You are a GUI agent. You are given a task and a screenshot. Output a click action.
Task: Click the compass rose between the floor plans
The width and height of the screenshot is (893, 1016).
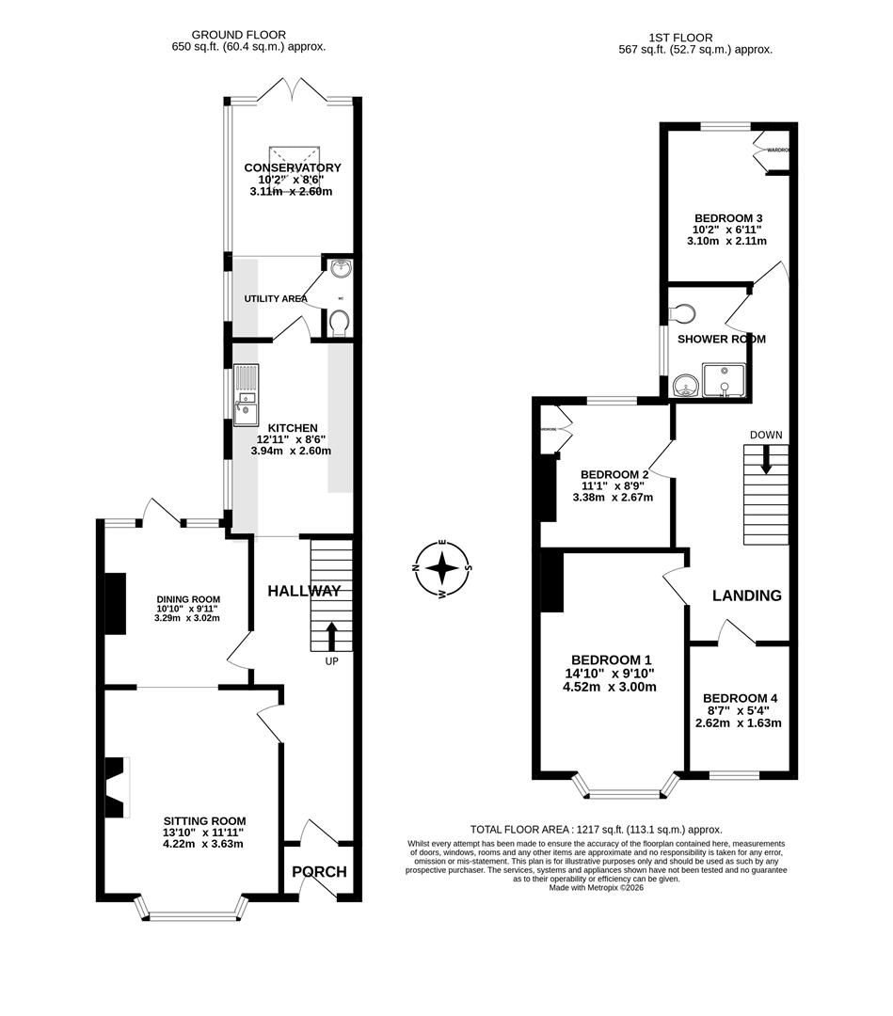click(441, 568)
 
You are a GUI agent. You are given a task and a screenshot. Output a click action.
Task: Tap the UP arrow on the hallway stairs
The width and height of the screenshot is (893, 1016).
click(330, 635)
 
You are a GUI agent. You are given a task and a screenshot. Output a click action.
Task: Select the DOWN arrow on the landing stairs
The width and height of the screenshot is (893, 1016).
click(766, 458)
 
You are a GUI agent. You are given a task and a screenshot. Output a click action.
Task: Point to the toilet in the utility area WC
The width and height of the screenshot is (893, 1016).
click(340, 323)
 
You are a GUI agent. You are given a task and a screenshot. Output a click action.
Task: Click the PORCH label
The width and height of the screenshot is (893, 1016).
click(319, 872)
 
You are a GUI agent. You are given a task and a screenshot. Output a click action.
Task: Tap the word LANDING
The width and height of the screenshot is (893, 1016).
click(746, 595)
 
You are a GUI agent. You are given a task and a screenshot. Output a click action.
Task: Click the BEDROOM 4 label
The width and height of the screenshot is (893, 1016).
click(740, 698)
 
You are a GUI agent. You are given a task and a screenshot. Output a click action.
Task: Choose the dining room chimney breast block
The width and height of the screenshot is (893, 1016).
click(114, 605)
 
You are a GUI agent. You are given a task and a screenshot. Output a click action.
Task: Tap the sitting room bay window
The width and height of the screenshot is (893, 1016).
click(192, 908)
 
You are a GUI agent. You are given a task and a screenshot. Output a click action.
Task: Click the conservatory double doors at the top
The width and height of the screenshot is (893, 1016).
click(293, 91)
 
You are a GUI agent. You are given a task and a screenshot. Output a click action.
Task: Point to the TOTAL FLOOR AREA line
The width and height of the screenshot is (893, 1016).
click(596, 830)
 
